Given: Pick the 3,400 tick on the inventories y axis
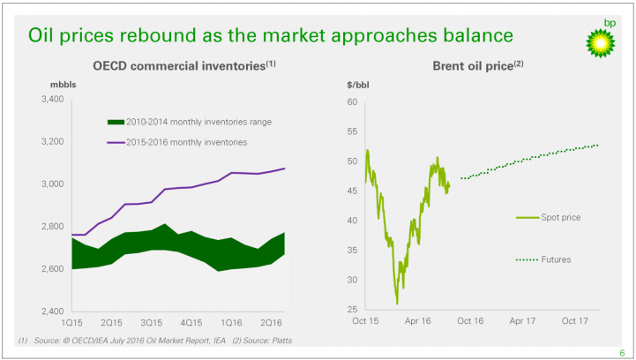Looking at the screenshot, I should point(52,100).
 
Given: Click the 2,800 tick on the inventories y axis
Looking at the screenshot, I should point(52,227).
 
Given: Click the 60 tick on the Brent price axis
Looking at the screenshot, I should point(352,102).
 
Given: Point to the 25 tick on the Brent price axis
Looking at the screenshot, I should point(352,310).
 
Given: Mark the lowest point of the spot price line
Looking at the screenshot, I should point(397,304).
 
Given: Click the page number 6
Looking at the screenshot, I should point(622,351).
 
